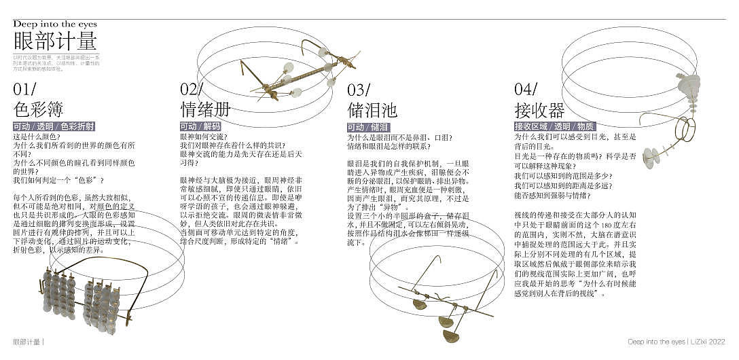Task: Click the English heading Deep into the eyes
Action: [x=55, y=24]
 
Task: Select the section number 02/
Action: [x=192, y=89]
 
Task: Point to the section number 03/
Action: [x=359, y=89]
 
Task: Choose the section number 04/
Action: [x=526, y=89]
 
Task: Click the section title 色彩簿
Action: [x=38, y=109]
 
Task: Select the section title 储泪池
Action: [x=372, y=109]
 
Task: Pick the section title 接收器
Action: [x=539, y=109]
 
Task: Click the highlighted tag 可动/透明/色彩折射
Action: [x=54, y=127]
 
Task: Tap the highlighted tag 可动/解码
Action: [x=200, y=127]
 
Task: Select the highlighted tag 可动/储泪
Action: [x=367, y=127]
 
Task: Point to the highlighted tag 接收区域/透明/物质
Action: [x=555, y=127]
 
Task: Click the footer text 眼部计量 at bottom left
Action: [x=28, y=342]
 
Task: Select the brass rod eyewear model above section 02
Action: [x=299, y=71]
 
